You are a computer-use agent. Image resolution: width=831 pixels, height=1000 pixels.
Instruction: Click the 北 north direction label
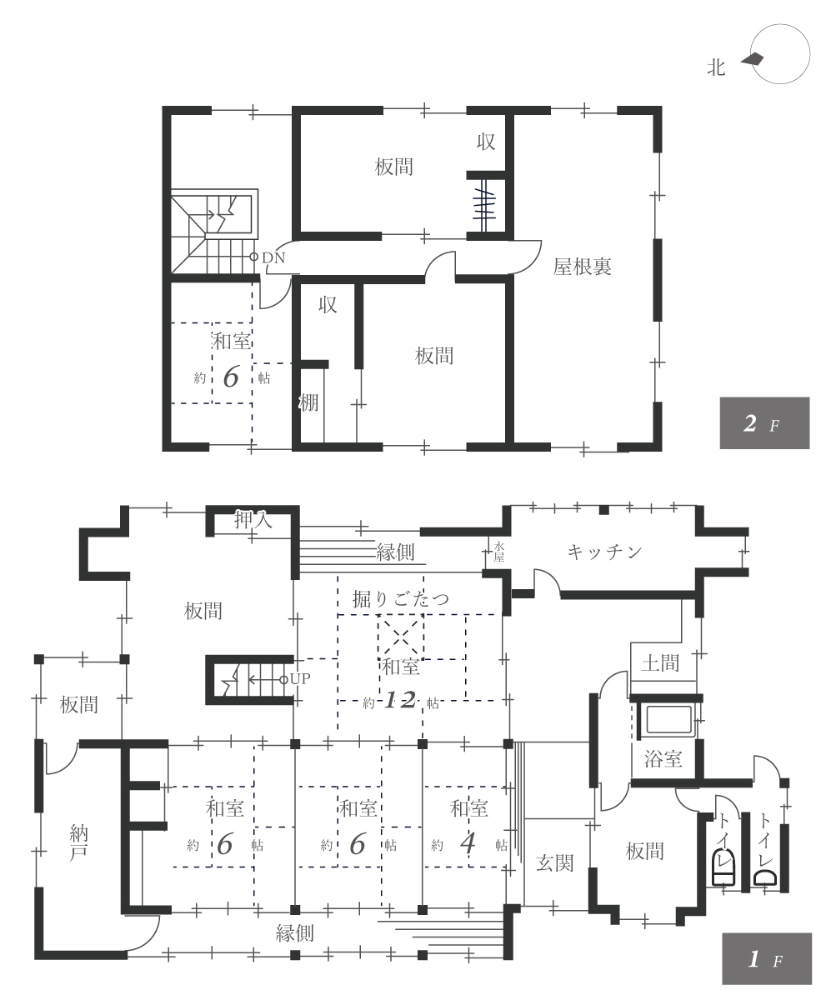[x=716, y=67]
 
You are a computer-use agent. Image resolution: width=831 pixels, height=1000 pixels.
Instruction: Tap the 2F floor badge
[x=764, y=422]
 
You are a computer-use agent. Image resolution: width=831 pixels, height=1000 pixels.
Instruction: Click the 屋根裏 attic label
[x=582, y=267]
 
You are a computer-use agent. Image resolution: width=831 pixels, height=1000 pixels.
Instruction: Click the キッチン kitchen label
[x=604, y=552]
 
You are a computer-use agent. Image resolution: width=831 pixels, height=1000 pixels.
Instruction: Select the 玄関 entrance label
[x=554, y=862]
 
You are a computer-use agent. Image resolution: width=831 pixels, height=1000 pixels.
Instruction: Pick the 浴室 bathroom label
[x=663, y=758]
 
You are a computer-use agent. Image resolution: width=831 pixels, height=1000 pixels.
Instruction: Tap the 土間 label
[x=660, y=663]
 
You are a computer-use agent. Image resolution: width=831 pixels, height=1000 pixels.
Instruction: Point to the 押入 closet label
[x=253, y=519]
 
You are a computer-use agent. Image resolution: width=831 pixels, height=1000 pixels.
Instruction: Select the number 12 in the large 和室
[x=400, y=701]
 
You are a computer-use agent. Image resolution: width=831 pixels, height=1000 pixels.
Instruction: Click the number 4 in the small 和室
[x=468, y=844]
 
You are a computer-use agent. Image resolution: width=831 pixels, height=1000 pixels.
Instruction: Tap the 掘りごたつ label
[x=400, y=598]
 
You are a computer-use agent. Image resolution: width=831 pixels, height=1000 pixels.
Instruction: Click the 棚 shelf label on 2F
[x=308, y=402]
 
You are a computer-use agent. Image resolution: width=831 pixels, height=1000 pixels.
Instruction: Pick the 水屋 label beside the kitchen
[x=499, y=551]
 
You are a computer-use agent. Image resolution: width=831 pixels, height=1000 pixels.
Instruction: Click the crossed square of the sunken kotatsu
[x=400, y=637]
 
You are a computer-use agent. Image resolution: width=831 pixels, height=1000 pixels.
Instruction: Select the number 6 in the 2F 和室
[x=231, y=377]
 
